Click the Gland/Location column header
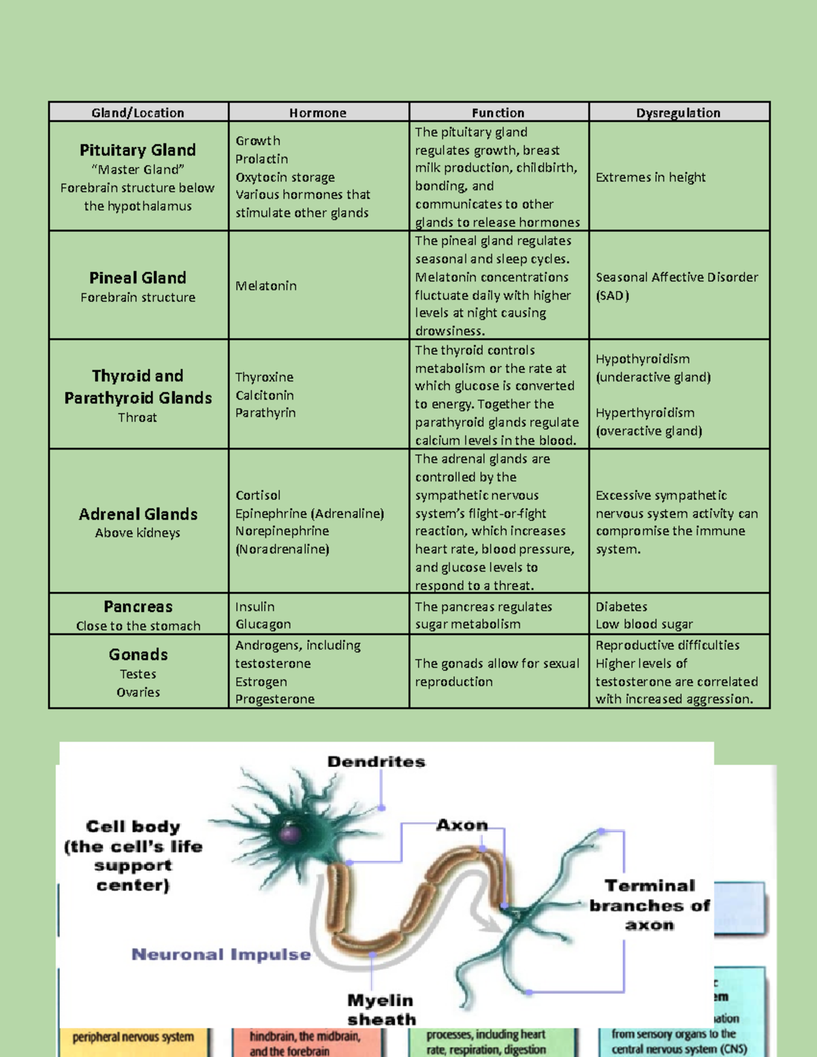(138, 113)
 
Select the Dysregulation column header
(678, 113)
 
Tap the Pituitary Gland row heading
(138, 150)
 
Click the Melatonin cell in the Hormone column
(266, 286)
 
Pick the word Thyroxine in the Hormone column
(264, 377)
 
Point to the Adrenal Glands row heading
(138, 515)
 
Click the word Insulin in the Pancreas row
(255, 606)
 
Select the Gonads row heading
(138, 655)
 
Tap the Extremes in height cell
(650, 178)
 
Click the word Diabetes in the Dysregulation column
(621, 606)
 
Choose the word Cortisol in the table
(257, 495)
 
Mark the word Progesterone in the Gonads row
(274, 699)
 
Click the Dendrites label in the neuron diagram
(376, 762)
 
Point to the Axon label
(462, 826)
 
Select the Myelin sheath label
(381, 1009)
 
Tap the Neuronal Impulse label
(221, 954)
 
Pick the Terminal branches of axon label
(650, 905)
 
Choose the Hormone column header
(317, 113)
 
